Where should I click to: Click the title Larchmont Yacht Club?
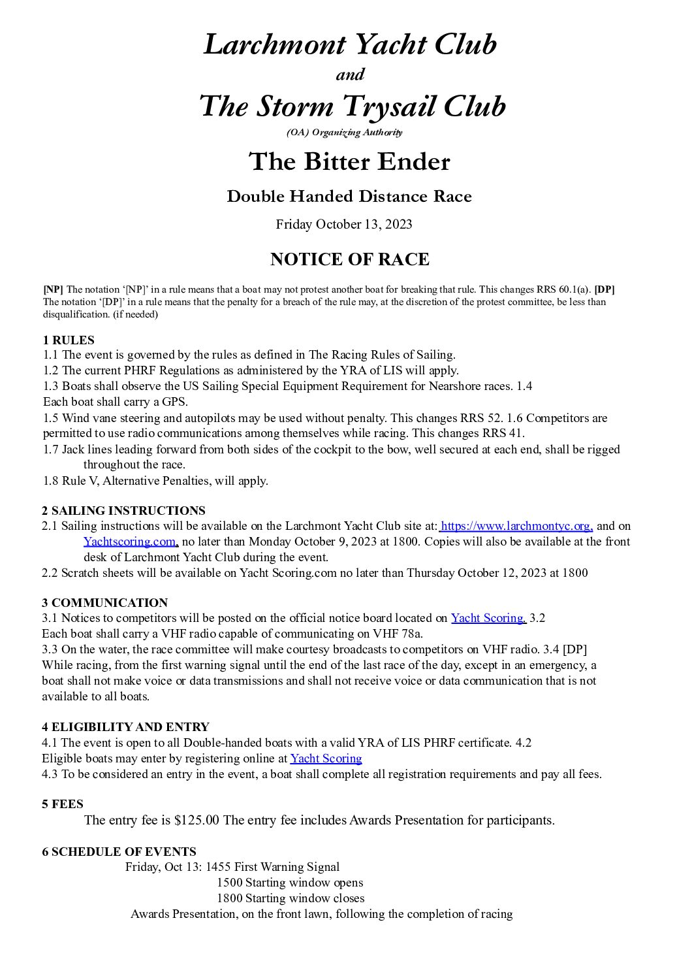click(x=350, y=44)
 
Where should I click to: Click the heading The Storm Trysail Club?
click(x=352, y=106)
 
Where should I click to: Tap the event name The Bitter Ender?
click(x=349, y=161)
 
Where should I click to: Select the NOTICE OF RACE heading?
click(x=349, y=259)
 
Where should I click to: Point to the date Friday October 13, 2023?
click(x=344, y=224)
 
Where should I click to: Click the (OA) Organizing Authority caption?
click(x=344, y=133)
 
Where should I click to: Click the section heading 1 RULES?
click(x=69, y=340)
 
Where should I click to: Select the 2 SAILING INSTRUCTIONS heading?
click(x=123, y=510)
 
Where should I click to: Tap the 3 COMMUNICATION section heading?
click(x=105, y=602)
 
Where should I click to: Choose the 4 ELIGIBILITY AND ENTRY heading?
click(x=125, y=726)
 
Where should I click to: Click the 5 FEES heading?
click(x=63, y=804)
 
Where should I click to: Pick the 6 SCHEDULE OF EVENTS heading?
click(x=119, y=851)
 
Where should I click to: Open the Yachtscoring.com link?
click(x=130, y=541)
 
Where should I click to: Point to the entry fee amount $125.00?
click(x=197, y=820)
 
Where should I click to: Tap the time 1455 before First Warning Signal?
click(x=218, y=867)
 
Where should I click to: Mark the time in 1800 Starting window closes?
click(x=229, y=898)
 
